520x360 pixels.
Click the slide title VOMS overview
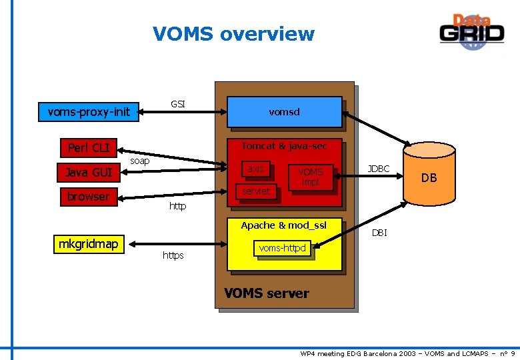tap(233, 33)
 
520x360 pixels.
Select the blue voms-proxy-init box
tap(89, 111)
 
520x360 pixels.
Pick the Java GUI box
tap(88, 173)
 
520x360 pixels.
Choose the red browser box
tap(87, 197)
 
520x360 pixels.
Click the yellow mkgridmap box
tap(88, 244)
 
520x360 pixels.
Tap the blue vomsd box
tap(284, 112)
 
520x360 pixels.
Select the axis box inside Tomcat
tap(255, 169)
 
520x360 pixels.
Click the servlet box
tap(256, 191)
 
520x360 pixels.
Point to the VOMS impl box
tap(310, 177)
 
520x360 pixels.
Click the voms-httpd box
tap(282, 249)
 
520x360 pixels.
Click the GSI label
tap(178, 104)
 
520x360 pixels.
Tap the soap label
tap(139, 161)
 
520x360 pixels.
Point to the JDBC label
tap(379, 169)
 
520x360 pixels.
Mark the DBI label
tap(379, 233)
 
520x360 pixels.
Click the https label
tap(173, 256)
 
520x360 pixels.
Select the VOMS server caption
tap(267, 293)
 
